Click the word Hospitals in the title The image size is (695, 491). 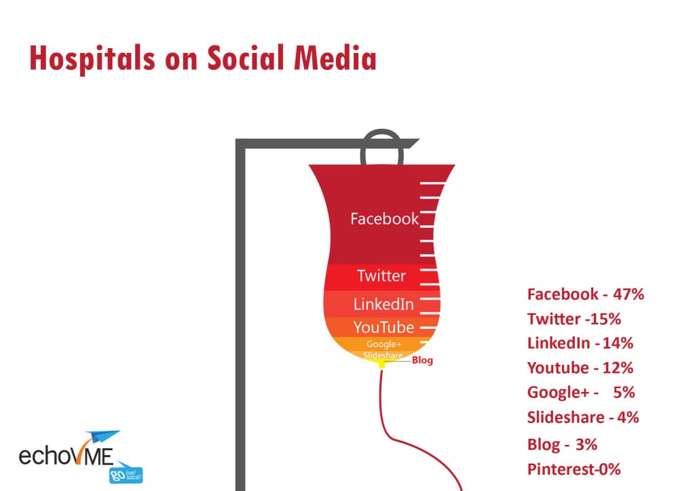pos(92,58)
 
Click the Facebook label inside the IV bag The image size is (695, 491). pos(384,219)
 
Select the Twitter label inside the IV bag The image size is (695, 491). pos(381,276)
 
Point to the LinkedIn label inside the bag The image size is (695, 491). pos(383,305)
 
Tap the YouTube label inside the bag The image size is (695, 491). pos(383,327)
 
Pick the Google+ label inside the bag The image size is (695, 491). pos(384,345)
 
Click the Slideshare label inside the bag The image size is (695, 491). pos(383,355)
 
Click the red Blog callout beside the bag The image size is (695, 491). pos(422,360)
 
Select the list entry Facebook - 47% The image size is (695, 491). pos(586,294)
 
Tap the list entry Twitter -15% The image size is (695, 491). pos(574,319)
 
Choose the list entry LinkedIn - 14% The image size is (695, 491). pos(580,343)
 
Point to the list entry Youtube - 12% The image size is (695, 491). pos(580,368)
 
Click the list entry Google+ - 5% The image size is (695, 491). pos(581,393)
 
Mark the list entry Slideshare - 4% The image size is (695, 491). pos(583,418)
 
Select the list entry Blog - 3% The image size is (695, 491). pos(562,444)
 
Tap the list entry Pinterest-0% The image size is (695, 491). pos(574,469)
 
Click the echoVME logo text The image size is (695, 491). pos(66,456)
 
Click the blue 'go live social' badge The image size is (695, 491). pos(126,475)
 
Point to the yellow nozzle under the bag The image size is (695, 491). pos(381,364)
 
